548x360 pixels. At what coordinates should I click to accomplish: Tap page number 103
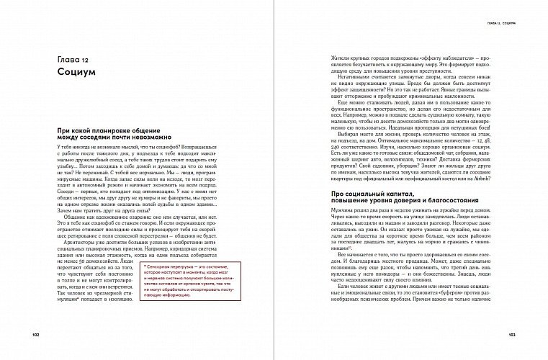point(512,336)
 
